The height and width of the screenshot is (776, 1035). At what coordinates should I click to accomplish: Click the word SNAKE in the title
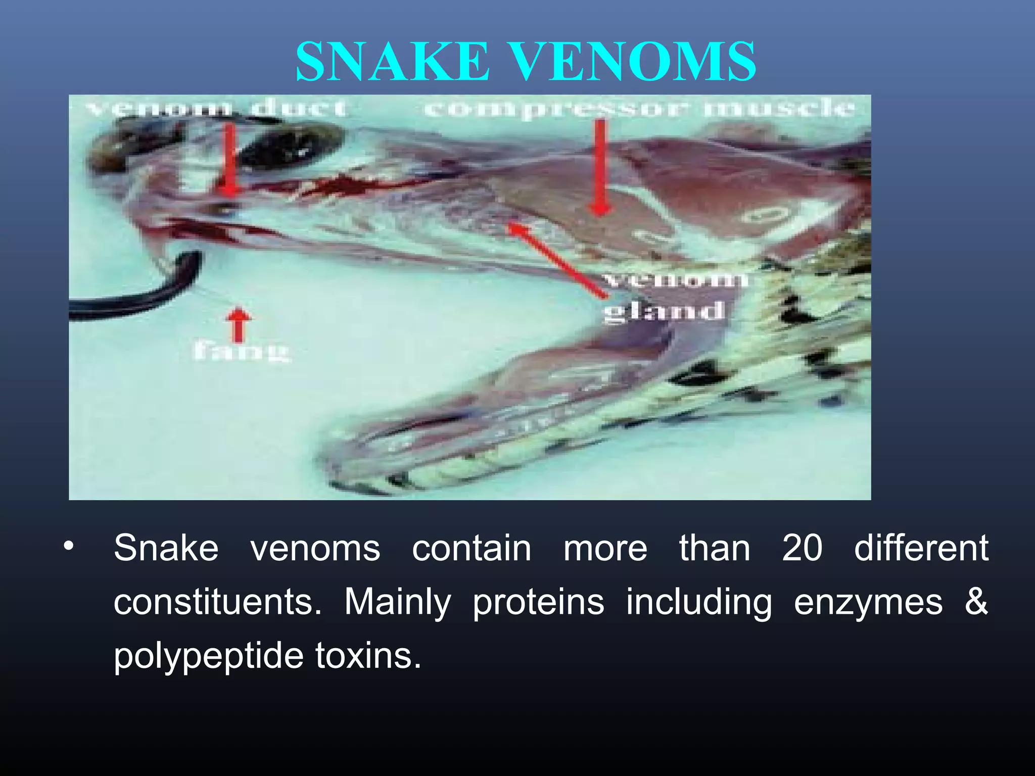pyautogui.click(x=393, y=62)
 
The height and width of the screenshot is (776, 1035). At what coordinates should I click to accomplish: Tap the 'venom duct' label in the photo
pyautogui.click(x=216, y=108)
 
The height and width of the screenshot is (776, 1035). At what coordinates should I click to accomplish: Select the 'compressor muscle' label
pyautogui.click(x=640, y=108)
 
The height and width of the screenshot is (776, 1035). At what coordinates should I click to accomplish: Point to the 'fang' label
pyautogui.click(x=241, y=351)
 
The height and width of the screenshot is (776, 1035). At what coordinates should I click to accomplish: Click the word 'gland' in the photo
pyautogui.click(x=664, y=311)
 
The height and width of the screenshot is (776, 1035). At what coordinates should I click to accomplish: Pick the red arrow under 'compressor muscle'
pyautogui.click(x=600, y=167)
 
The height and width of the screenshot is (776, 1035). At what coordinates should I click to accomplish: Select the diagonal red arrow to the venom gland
pyautogui.click(x=556, y=260)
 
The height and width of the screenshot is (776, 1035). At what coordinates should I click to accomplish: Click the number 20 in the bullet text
pyautogui.click(x=802, y=548)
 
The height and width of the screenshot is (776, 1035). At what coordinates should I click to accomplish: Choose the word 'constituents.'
pyautogui.click(x=217, y=602)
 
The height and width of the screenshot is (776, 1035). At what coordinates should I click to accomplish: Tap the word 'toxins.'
pyautogui.click(x=368, y=655)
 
